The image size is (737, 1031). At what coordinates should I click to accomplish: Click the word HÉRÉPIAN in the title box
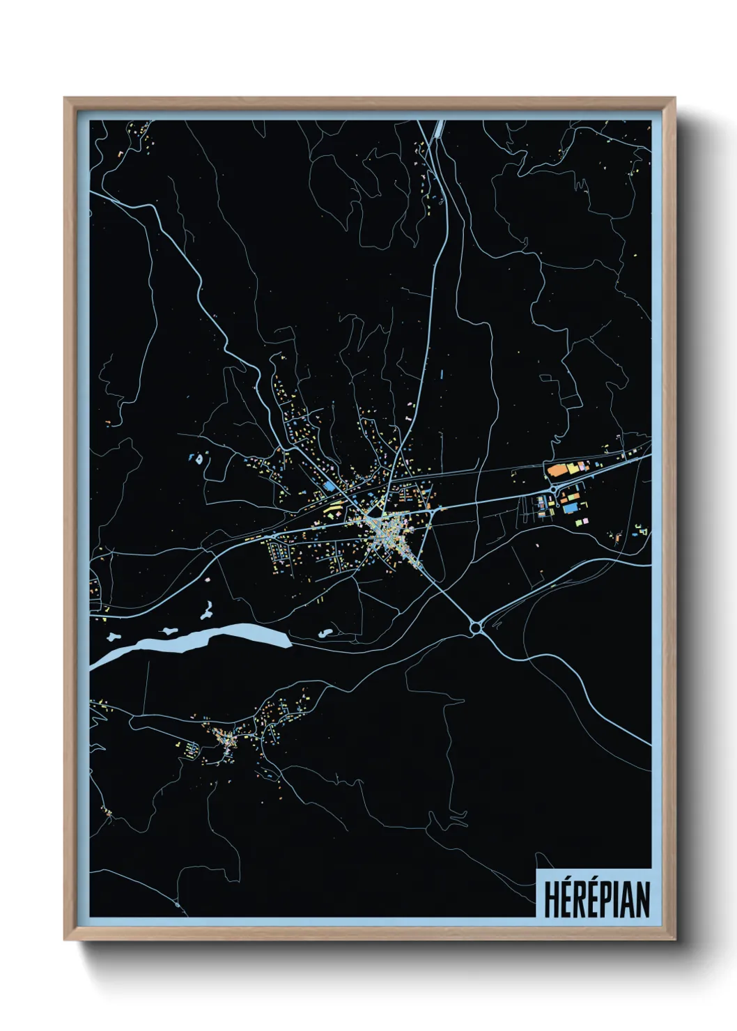[x=596, y=899]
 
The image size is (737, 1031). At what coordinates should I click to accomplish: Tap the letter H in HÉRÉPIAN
[x=551, y=899]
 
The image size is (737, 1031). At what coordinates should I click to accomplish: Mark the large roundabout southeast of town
[x=476, y=628]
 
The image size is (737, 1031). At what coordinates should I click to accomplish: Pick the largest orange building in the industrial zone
[x=557, y=470]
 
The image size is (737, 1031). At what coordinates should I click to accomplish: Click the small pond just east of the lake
[x=325, y=634]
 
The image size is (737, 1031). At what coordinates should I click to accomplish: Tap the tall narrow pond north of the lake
[x=207, y=611]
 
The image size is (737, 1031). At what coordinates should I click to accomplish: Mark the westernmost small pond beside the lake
[x=113, y=636]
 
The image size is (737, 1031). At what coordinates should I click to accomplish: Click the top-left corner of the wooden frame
[x=65, y=99]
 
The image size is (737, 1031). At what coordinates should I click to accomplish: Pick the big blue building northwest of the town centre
[x=328, y=486]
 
